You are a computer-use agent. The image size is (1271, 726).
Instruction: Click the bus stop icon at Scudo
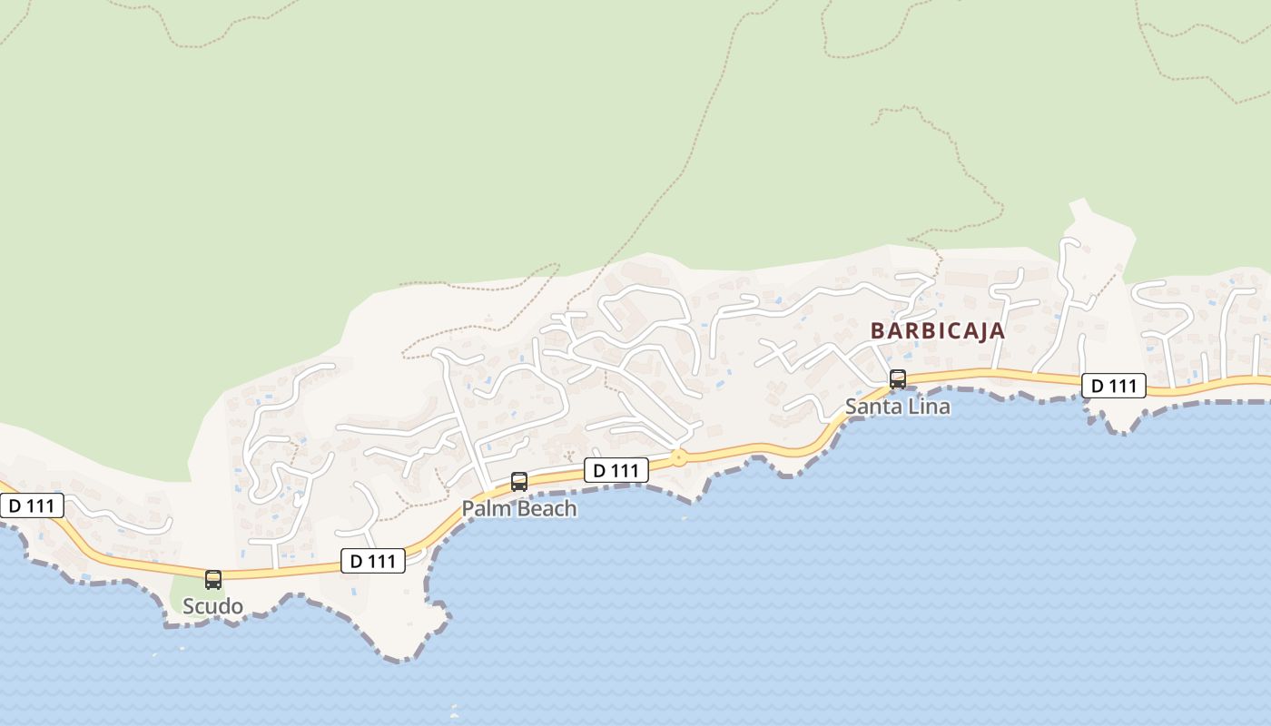[213, 579]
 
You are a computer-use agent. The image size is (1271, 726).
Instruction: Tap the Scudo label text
[212, 606]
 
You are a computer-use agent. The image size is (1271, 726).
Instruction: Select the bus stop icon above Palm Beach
[519, 481]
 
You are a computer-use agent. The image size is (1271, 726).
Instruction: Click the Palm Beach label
[519, 508]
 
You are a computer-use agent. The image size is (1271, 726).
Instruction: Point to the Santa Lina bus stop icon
[898, 379]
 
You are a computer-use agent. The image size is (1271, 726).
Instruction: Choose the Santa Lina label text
[898, 407]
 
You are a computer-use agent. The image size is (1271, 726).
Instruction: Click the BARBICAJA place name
[938, 330]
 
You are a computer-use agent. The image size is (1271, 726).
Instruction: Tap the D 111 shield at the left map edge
[32, 505]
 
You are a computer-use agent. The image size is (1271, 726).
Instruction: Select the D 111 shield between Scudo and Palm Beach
[373, 561]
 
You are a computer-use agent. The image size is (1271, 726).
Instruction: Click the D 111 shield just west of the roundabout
[616, 470]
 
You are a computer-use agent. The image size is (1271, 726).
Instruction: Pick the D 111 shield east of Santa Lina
[1114, 386]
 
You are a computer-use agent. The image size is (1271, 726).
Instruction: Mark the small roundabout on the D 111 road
[678, 458]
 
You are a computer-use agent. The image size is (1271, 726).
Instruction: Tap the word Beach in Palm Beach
[547, 508]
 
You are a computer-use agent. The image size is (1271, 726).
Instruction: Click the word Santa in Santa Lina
[872, 407]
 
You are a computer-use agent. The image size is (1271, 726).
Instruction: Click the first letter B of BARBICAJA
[877, 330]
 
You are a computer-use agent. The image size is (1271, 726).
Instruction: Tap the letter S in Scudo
[189, 606]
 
